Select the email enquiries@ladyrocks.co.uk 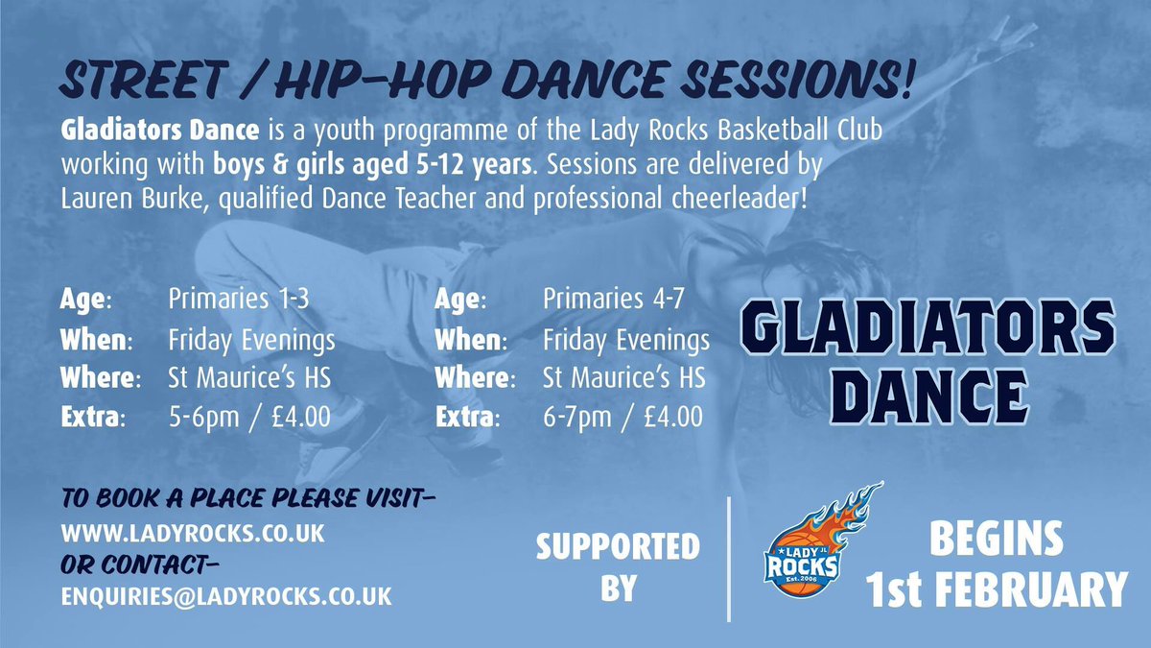click(225, 595)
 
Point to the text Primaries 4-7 click(614, 299)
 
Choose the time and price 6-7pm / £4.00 click(623, 418)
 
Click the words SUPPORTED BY click(618, 566)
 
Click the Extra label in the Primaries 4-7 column click(467, 418)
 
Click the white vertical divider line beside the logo click(729, 559)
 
